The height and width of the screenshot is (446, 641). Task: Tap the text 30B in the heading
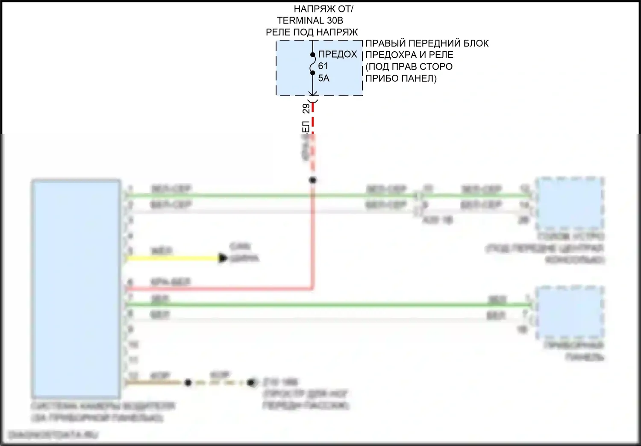(335, 20)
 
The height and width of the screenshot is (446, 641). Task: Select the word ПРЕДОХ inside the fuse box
(338, 54)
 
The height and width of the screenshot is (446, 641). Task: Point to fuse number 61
(323, 66)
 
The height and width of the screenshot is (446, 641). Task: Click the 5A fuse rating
(323, 78)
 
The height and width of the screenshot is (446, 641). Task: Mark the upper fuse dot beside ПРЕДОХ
(313, 55)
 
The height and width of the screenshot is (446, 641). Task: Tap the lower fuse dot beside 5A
(313, 73)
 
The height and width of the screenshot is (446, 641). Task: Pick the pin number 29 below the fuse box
(306, 108)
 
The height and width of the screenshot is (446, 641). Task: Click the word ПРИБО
(380, 78)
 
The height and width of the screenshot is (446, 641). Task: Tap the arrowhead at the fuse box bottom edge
(313, 94)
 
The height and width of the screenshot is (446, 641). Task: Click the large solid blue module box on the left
(76, 289)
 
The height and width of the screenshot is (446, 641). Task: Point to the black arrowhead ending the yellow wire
(223, 258)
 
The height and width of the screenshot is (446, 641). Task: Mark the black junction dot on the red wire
(313, 180)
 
